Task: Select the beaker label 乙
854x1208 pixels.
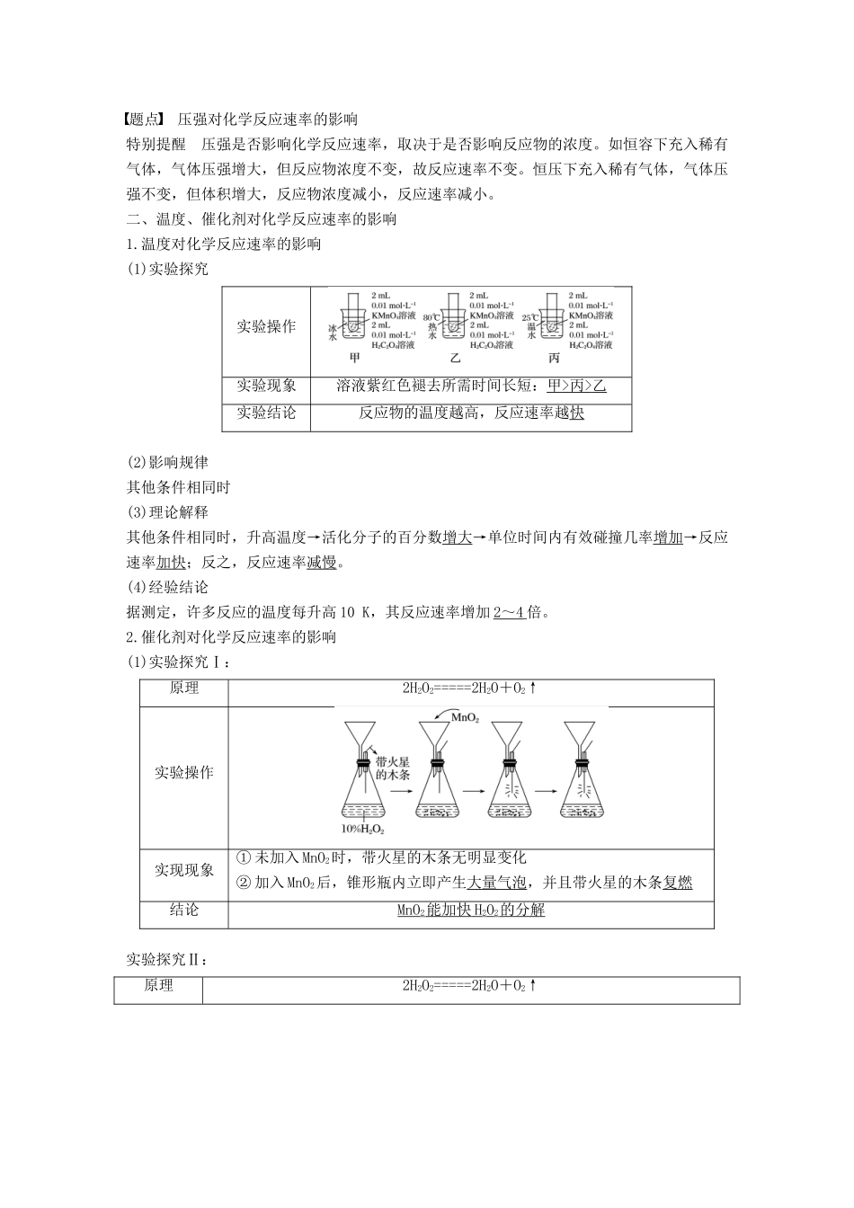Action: pyautogui.click(x=455, y=358)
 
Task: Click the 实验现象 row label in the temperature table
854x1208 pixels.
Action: pyautogui.click(x=266, y=386)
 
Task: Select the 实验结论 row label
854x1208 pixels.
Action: pyautogui.click(x=266, y=413)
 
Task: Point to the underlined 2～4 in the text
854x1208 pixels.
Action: pyautogui.click(x=510, y=612)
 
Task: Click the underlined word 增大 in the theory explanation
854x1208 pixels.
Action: pyautogui.click(x=458, y=537)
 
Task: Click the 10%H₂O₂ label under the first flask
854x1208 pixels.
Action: pyautogui.click(x=363, y=828)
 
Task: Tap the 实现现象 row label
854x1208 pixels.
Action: pyautogui.click(x=184, y=870)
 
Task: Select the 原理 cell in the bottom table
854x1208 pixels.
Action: pyautogui.click(x=158, y=986)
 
